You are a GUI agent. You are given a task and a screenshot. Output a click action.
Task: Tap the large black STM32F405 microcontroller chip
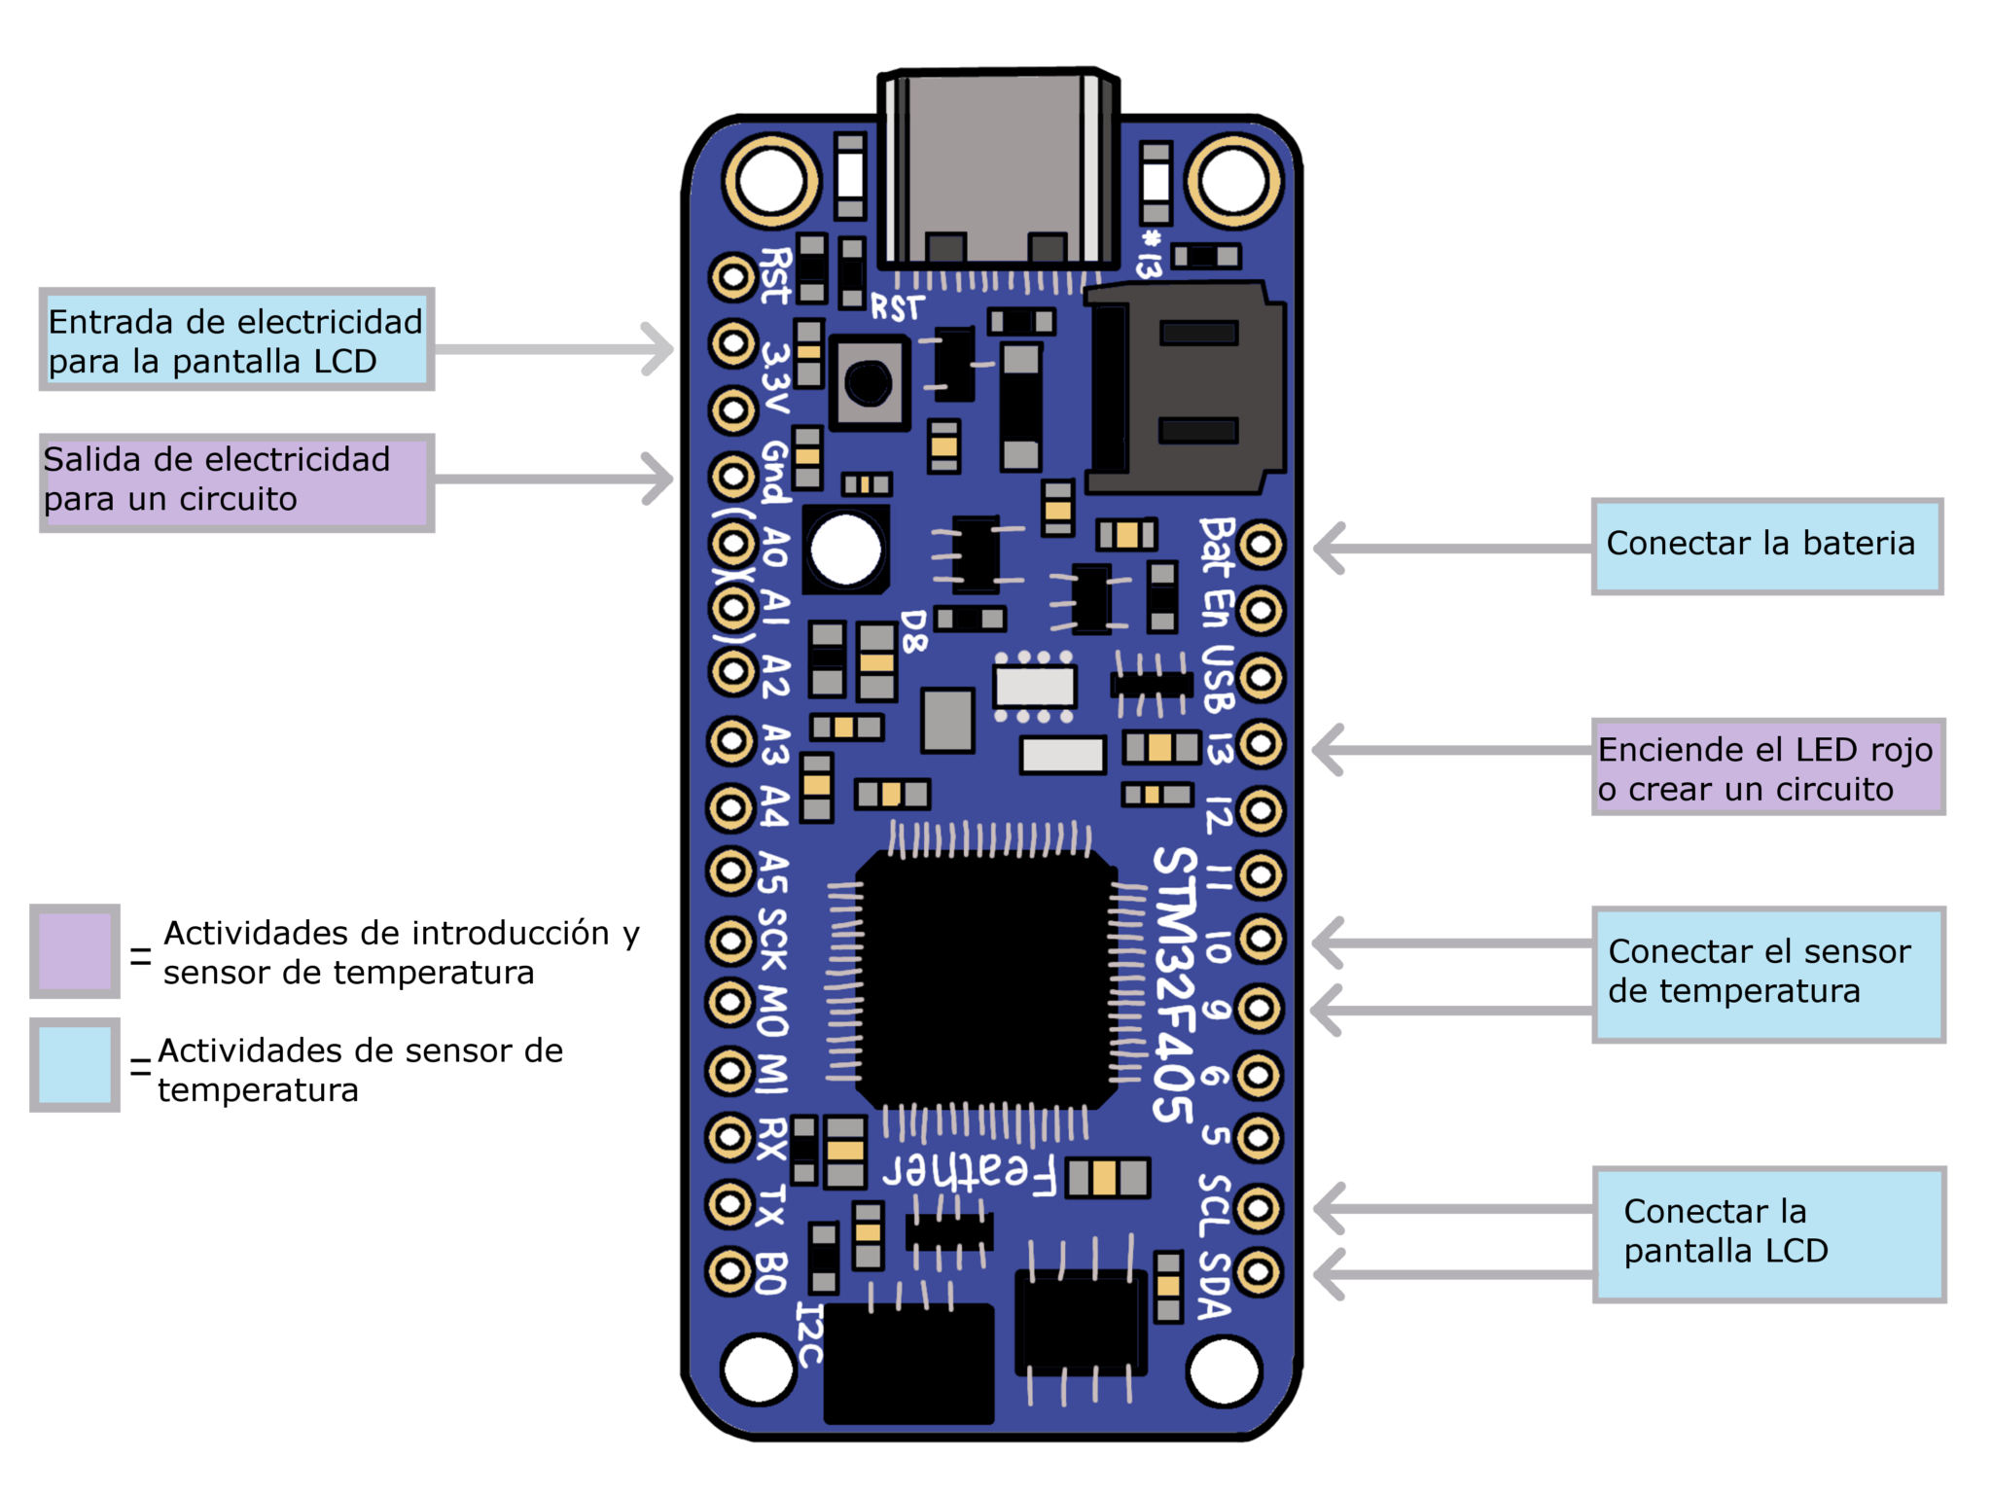[984, 979]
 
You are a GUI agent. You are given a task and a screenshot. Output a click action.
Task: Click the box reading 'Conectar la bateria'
[1766, 546]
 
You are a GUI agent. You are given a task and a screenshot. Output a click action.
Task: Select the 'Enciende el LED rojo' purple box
[1766, 767]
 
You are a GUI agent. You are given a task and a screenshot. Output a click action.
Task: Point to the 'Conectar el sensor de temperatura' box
[1766, 974]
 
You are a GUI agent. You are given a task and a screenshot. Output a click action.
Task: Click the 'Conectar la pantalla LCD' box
[1766, 1233]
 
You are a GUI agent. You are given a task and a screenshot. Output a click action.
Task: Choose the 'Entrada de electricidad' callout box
[236, 339]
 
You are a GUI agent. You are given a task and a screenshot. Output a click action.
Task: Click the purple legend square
[75, 951]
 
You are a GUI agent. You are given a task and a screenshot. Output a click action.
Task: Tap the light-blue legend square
[75, 1064]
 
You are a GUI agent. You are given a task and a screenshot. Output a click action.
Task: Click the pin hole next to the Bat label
[1262, 545]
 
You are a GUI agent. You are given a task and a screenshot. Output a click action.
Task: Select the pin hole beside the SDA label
[1259, 1271]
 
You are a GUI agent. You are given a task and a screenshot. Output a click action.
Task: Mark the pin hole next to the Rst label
[732, 278]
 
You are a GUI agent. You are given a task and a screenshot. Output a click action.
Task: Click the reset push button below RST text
[869, 382]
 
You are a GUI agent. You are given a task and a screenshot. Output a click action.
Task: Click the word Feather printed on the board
[970, 1171]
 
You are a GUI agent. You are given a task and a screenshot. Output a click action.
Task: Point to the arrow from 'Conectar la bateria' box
[1449, 549]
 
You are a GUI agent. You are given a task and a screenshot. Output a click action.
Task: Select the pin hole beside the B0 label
[729, 1270]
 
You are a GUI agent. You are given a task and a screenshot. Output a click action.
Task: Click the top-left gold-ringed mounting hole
[770, 181]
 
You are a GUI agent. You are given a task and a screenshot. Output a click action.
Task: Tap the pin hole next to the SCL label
[1259, 1208]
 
